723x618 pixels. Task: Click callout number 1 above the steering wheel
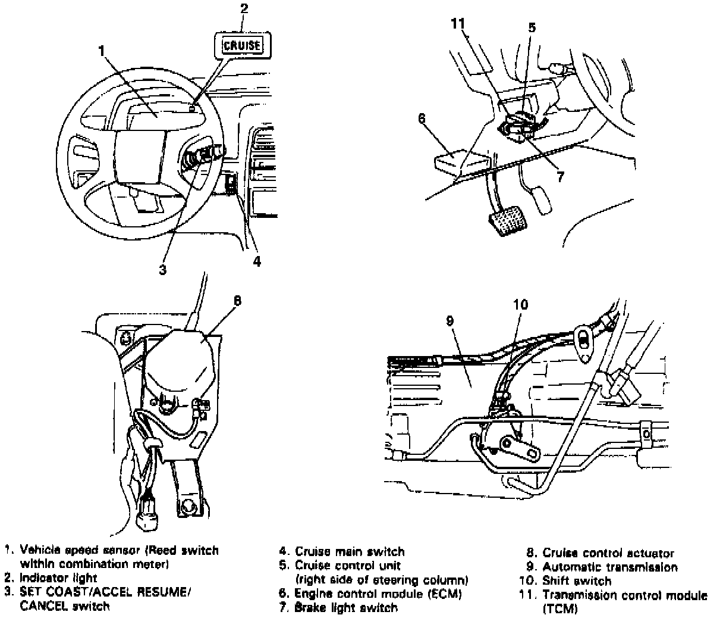click(102, 51)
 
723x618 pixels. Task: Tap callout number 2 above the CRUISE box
click(244, 8)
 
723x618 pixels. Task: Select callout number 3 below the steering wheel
click(162, 269)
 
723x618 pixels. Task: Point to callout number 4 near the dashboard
click(256, 261)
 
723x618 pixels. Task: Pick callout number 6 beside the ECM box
click(422, 118)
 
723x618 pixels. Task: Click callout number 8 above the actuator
click(237, 300)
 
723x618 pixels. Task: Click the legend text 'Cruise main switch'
click(350, 552)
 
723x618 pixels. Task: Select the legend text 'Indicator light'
click(58, 577)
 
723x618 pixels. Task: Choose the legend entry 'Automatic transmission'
click(610, 567)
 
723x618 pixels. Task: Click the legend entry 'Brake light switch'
click(346, 607)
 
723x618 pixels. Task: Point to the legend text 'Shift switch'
click(577, 580)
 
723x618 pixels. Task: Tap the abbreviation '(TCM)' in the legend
click(559, 609)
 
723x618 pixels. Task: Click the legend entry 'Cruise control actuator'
click(608, 554)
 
